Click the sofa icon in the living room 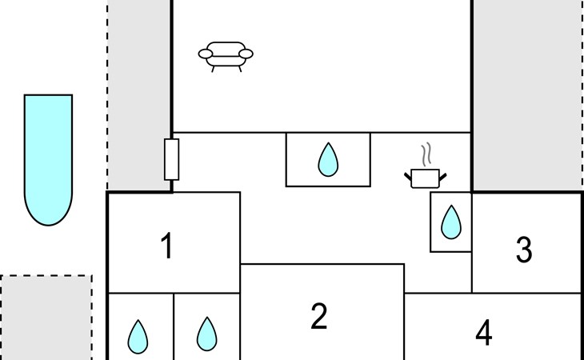(x=226, y=57)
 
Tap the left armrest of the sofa (x=206, y=54)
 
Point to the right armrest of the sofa (x=246, y=54)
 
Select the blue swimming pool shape (x=48, y=160)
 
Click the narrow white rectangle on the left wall (x=172, y=159)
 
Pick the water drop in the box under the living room (x=328, y=159)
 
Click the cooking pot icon (x=426, y=178)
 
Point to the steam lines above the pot (x=426, y=154)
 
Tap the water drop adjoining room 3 (x=451, y=222)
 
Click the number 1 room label (x=167, y=245)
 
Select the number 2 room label (x=319, y=316)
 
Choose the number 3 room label (x=524, y=250)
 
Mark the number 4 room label (x=484, y=333)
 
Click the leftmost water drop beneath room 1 (x=138, y=337)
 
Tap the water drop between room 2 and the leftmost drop (x=206, y=334)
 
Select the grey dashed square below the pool (x=46, y=318)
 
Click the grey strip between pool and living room (x=139, y=95)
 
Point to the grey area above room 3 (x=528, y=95)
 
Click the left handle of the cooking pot (x=408, y=177)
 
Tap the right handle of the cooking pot (x=443, y=177)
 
